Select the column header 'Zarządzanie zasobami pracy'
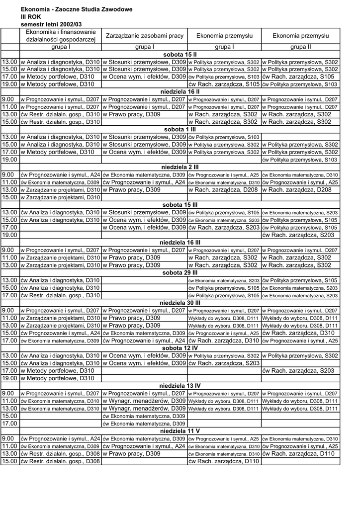coord(144,36)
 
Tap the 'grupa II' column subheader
coord(301,47)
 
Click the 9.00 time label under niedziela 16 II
coord(8,99)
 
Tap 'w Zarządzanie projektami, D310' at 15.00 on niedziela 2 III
coord(60,197)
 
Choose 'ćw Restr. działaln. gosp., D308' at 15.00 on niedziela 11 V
coord(60,461)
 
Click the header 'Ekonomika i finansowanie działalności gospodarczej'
coord(60,36)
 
